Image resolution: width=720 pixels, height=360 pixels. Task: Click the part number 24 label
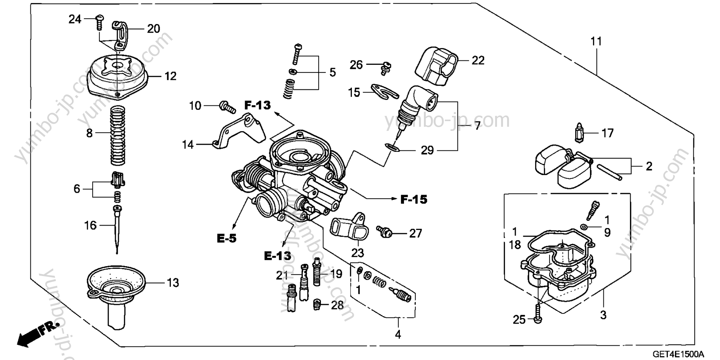75,19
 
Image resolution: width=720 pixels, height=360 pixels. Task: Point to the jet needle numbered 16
117,229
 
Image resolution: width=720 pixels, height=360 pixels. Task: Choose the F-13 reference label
257,105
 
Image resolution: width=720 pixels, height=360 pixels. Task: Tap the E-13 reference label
277,256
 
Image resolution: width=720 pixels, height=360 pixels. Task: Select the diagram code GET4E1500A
678,354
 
